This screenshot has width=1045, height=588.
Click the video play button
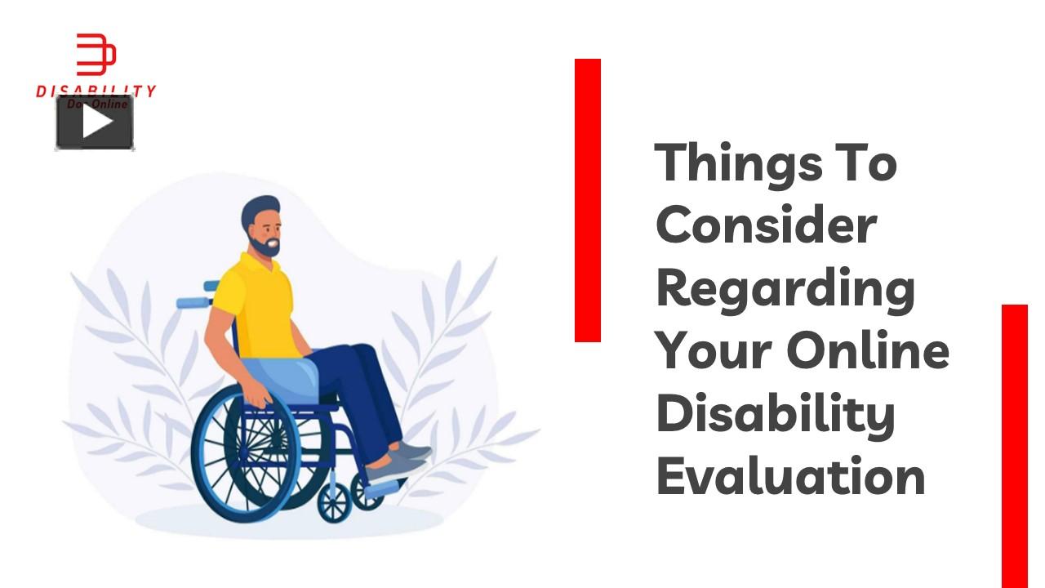[x=95, y=122]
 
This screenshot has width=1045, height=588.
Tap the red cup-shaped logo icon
[x=96, y=56]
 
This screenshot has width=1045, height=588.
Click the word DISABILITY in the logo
[x=96, y=91]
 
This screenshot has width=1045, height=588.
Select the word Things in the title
[x=739, y=163]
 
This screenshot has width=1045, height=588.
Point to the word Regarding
[x=785, y=290]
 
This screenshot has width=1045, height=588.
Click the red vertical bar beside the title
[x=588, y=200]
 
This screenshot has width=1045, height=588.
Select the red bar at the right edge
[x=1015, y=445]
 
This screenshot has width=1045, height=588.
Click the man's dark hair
[x=259, y=209]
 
